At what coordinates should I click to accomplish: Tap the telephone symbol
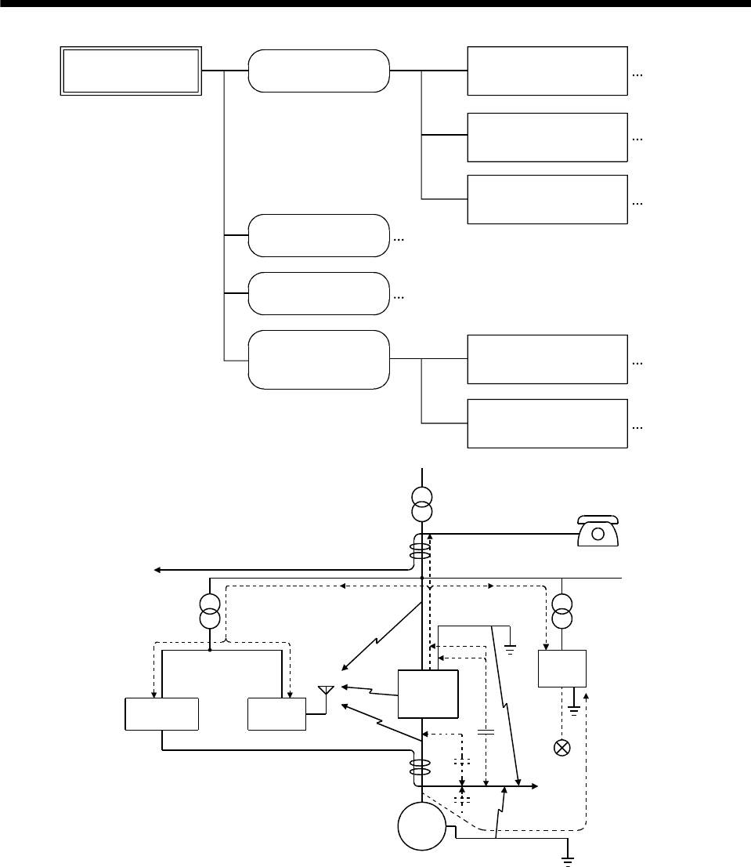598,530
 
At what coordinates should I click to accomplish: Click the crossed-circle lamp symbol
561,747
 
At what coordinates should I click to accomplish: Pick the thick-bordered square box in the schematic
428,694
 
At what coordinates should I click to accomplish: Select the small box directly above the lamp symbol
562,669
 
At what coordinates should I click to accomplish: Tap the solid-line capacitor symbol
486,735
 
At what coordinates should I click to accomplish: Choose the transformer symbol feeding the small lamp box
561,611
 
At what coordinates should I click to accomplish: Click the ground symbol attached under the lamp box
576,708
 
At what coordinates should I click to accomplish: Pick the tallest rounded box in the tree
319,360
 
